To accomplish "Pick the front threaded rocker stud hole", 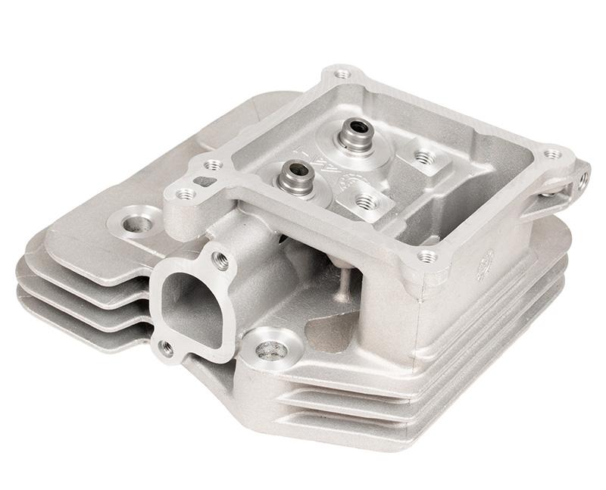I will (367, 201).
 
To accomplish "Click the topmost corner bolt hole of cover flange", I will (343, 74).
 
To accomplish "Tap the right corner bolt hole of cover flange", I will (553, 154).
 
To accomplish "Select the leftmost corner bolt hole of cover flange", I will (184, 195).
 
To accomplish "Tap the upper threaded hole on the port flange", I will (222, 261).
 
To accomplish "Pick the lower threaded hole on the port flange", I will (166, 348).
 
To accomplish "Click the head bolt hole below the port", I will (272, 350).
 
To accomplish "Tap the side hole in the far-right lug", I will (583, 180).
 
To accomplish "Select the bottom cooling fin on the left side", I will (76, 318).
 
